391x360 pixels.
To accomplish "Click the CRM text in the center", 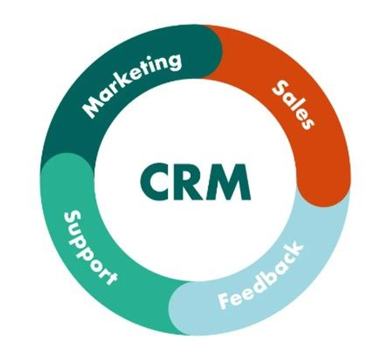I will (194, 181).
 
